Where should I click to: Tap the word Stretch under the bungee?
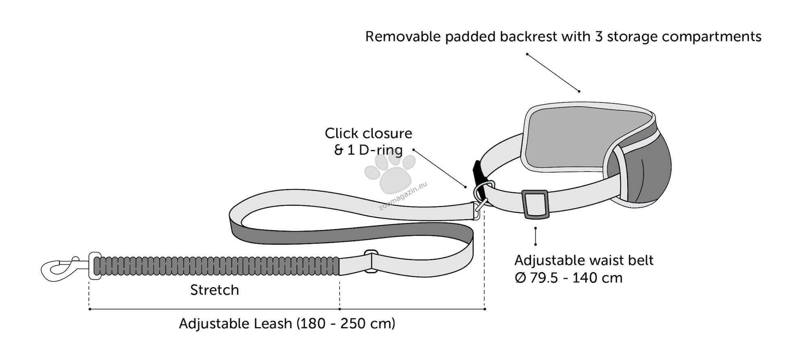[214, 290]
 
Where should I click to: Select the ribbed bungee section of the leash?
[216, 266]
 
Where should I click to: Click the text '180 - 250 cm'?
[346, 324]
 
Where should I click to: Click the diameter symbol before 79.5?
[521, 278]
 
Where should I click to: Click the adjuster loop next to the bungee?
[371, 261]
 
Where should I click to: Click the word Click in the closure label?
[341, 133]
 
